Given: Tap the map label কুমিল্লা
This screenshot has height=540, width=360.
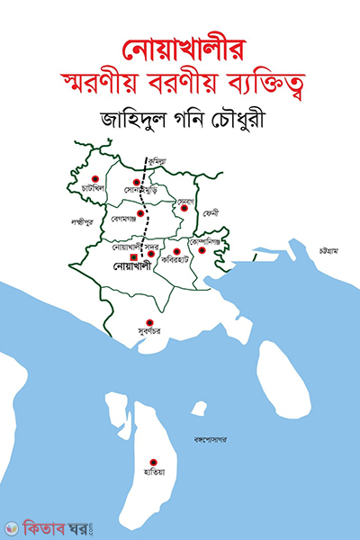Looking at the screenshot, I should [x=159, y=156].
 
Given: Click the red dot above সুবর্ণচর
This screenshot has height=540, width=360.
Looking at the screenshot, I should [x=151, y=322].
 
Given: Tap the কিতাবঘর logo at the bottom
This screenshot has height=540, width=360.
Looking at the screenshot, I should [x=48, y=520].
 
